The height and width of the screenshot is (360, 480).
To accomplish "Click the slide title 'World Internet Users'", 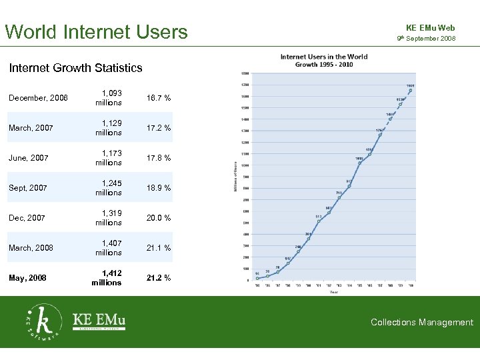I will tap(97, 31).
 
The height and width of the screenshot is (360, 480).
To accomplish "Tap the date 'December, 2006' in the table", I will tap(38, 98).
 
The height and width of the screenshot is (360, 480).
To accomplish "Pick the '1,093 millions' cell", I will tap(108, 98).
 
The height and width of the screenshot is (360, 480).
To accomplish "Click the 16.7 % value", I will tap(159, 98).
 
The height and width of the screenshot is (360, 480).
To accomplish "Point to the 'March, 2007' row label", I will tap(31, 128).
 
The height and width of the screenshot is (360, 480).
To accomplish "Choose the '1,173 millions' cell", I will tap(108, 158).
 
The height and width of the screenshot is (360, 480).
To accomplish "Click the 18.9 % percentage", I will tap(159, 188).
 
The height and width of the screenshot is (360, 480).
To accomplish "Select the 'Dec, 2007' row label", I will tap(28, 218).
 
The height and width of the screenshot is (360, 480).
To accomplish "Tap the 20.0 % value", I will tap(159, 218).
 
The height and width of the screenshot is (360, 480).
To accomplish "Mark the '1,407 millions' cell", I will tap(108, 248).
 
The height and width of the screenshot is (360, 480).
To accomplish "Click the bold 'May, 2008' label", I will tap(28, 278).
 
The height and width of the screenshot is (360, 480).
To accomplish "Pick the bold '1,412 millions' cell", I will tap(107, 278).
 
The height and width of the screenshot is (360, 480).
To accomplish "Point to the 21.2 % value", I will tap(159, 278).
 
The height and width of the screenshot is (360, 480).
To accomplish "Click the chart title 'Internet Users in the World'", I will tap(323, 57).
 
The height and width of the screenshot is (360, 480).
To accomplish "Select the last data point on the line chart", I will tap(411, 91).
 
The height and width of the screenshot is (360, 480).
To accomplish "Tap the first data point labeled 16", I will tap(257, 278).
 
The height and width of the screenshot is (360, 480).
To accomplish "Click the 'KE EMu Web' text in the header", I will tap(430, 28).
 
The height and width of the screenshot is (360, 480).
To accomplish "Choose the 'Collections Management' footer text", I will tap(422, 322).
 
